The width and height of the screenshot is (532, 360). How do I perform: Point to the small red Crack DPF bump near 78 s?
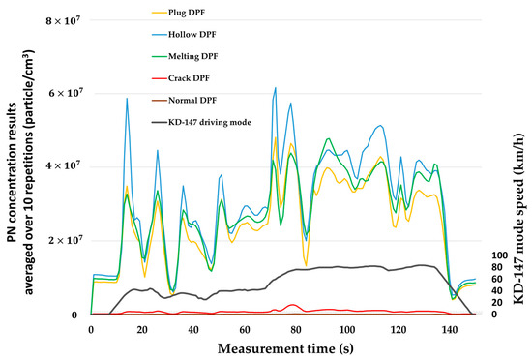[291, 306]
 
